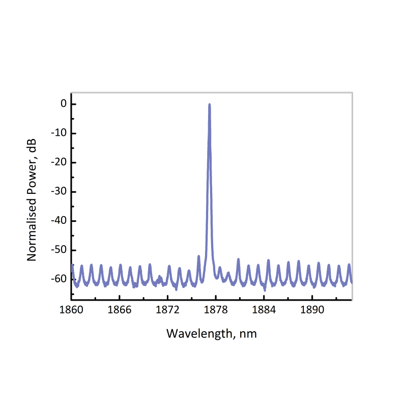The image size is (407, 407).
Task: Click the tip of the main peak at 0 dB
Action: [209, 104]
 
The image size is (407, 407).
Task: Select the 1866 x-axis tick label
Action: [119, 310]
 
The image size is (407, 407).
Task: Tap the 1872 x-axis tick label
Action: [167, 310]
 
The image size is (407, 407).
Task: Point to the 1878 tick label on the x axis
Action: [216, 310]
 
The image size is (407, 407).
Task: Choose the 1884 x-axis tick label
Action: [264, 310]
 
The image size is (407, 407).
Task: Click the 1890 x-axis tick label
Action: [312, 310]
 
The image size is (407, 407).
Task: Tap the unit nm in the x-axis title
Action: [249, 334]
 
